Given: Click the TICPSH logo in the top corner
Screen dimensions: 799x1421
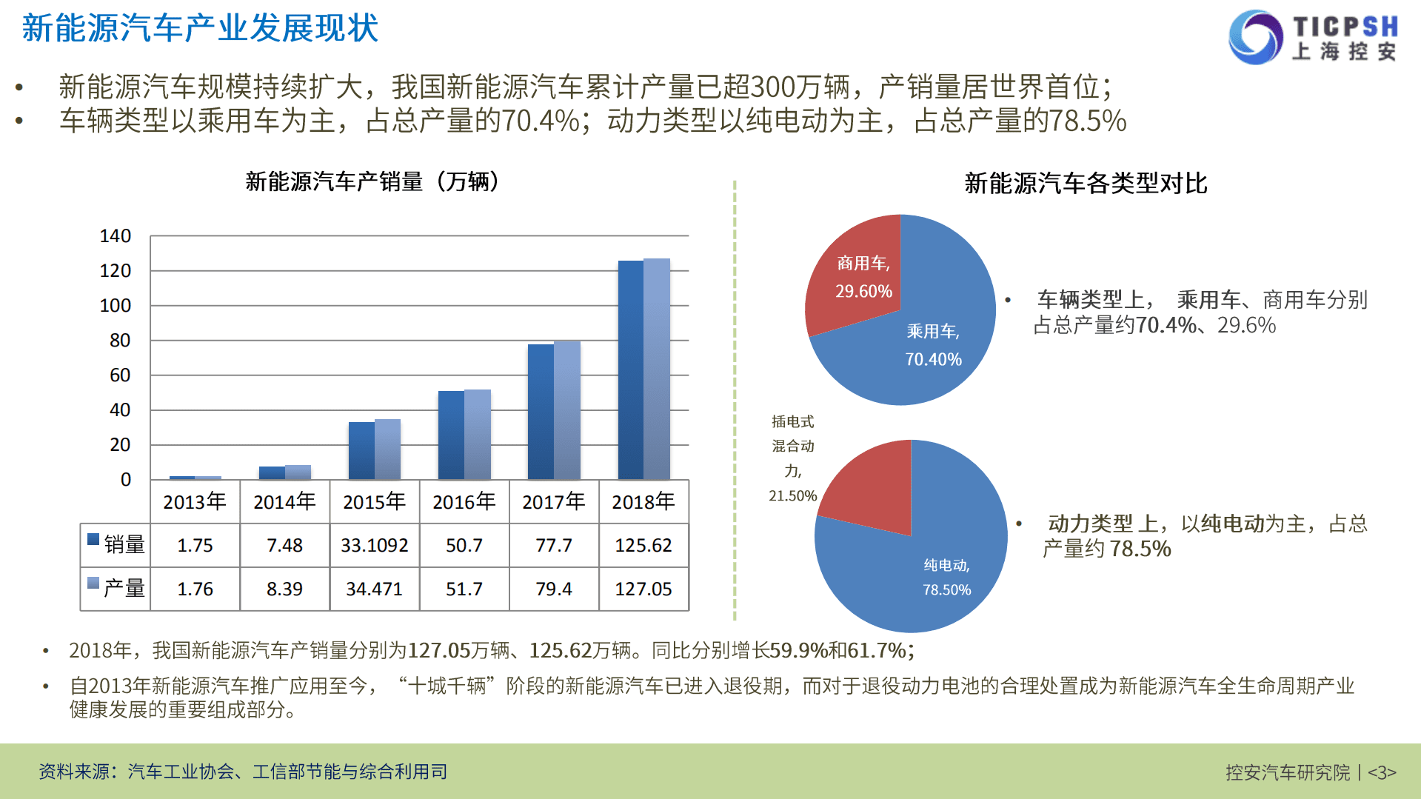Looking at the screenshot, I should pyautogui.click(x=1313, y=37).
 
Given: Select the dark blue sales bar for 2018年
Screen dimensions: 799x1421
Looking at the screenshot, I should pyautogui.click(x=630, y=370).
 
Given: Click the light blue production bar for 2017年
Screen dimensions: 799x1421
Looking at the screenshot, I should pyautogui.click(x=567, y=410).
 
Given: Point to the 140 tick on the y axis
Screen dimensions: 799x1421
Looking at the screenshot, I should pyautogui.click(x=116, y=236).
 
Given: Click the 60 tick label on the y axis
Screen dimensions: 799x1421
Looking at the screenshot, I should pyautogui.click(x=120, y=375).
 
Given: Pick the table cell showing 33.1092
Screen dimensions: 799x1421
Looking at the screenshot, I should pyautogui.click(x=374, y=546).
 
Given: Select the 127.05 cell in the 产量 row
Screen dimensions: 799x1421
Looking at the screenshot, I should pyautogui.click(x=643, y=589).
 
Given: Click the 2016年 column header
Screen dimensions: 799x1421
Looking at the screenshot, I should pyautogui.click(x=464, y=502).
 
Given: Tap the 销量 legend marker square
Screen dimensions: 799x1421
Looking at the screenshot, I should pyautogui.click(x=93, y=539).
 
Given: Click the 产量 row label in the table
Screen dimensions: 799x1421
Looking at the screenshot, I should pyautogui.click(x=124, y=589).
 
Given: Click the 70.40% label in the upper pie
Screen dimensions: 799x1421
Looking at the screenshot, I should pyautogui.click(x=933, y=360).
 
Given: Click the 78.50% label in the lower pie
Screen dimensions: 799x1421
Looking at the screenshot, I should pyautogui.click(x=946, y=590).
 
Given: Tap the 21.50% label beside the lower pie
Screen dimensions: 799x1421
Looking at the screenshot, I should pyautogui.click(x=792, y=496).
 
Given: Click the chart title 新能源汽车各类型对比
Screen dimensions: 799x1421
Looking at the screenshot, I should pyautogui.click(x=1086, y=183).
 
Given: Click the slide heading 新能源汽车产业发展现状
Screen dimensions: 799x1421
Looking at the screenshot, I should pyautogui.click(x=200, y=28).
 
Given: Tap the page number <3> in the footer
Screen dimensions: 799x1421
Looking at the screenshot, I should pyautogui.click(x=1381, y=772).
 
